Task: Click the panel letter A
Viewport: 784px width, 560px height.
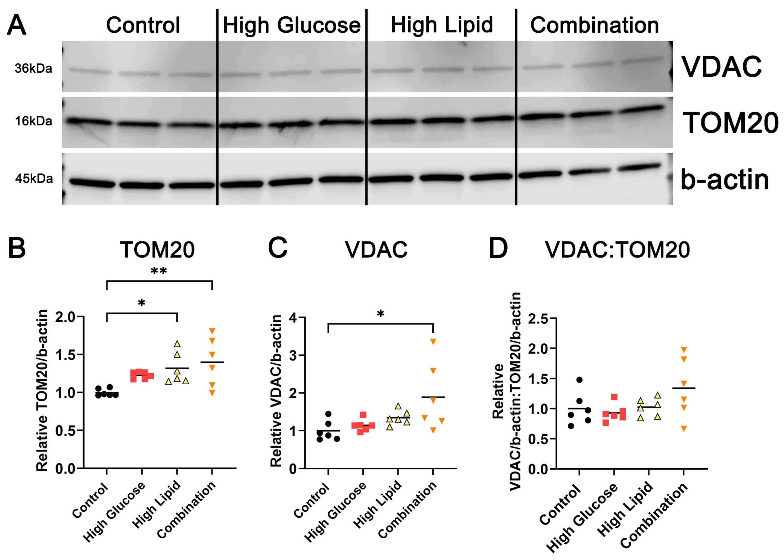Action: tap(16, 25)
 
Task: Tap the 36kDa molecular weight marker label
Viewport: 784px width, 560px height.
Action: tap(33, 69)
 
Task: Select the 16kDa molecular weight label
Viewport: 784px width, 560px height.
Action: tap(33, 121)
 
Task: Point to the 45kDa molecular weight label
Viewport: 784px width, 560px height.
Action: tap(34, 179)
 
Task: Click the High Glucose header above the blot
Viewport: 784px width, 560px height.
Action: tap(291, 25)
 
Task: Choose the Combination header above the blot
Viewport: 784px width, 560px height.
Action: tap(594, 25)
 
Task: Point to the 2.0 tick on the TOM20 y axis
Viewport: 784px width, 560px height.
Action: tap(66, 317)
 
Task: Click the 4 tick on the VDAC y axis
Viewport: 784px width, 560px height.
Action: tap(293, 317)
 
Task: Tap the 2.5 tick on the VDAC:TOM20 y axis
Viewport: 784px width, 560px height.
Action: tap(538, 319)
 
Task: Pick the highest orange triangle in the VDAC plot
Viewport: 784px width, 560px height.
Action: tap(433, 341)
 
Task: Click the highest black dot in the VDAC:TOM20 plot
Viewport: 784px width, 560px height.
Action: tap(579, 380)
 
